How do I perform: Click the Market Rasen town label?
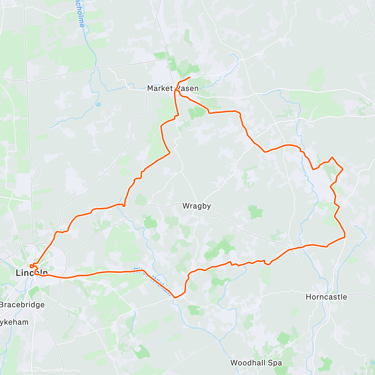tap(173, 88)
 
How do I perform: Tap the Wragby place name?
tap(197, 206)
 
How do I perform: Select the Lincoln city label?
tap(32, 273)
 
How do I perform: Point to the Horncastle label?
tap(326, 297)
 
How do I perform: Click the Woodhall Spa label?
tap(256, 363)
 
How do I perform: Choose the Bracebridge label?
tap(22, 305)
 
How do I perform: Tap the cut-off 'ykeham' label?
tap(14, 322)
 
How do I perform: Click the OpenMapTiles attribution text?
tap(33, 371)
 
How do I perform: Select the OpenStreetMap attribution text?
tap(65, 371)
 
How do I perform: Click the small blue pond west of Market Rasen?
tap(98, 104)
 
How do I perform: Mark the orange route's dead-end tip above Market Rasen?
tap(190, 77)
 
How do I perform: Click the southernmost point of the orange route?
tap(175, 298)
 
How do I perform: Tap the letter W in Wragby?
tap(186, 206)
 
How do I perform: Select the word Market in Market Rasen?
tap(160, 88)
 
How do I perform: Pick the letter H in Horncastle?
tap(308, 297)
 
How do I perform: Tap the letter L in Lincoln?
tap(18, 273)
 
